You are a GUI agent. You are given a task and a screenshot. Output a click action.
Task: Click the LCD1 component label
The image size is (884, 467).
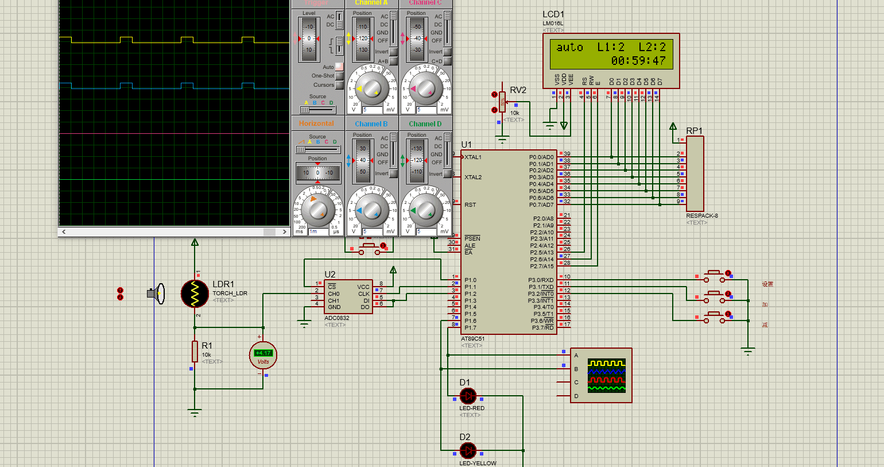coord(553,14)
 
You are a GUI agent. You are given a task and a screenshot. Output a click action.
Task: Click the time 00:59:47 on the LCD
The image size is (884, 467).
coord(638,61)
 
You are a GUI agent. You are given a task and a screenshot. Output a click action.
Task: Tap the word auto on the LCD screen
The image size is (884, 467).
coord(569,48)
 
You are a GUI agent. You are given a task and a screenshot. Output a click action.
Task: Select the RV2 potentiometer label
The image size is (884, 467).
coord(518,90)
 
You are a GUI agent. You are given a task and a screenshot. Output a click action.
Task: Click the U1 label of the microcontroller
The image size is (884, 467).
coord(466,145)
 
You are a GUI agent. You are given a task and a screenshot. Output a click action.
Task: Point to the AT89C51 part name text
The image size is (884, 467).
coord(473,339)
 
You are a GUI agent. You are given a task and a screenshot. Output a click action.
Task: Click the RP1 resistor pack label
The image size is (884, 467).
coord(694,131)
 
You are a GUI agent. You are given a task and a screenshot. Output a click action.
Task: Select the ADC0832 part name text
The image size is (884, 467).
coord(337,318)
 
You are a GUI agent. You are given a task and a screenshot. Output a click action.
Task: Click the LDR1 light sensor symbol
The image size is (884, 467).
coord(195,294)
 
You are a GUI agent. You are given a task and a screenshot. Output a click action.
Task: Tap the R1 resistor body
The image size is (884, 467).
coord(195,351)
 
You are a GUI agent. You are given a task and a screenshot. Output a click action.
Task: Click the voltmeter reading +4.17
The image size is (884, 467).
coord(263,353)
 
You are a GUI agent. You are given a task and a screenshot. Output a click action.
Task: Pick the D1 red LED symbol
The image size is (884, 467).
coord(468,396)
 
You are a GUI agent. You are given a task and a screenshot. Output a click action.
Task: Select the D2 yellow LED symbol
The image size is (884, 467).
coord(468,450)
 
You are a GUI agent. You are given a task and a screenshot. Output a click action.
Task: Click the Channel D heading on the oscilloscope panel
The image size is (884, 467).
coord(425,123)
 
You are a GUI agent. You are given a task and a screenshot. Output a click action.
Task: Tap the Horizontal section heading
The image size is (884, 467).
coord(316,123)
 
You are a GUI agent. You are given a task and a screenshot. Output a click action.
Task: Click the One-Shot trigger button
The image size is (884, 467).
coord(339,76)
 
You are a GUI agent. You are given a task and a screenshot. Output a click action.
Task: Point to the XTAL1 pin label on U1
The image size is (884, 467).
coord(473,157)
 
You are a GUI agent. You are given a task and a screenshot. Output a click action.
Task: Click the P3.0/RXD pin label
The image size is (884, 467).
coord(541,280)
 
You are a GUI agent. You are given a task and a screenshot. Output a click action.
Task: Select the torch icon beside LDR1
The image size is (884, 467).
coord(157,294)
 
